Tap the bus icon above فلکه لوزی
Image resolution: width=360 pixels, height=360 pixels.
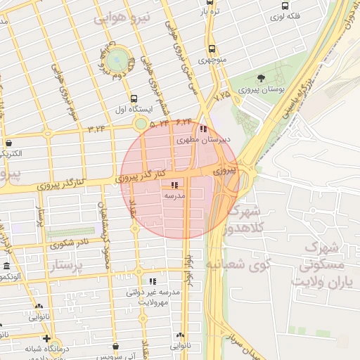coord(284,5)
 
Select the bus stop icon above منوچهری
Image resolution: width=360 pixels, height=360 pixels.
coord(212,49)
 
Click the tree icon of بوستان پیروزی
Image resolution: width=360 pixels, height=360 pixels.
coord(262,78)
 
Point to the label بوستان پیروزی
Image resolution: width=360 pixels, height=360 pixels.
coord(261,90)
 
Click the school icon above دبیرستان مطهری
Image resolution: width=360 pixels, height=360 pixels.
coord(203,129)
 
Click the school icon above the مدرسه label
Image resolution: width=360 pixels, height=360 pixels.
coord(174,186)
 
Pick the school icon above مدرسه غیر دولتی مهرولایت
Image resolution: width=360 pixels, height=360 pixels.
coord(153,281)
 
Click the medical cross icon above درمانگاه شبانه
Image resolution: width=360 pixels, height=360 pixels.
coord(46,337)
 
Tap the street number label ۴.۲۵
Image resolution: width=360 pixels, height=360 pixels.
coord(223,94)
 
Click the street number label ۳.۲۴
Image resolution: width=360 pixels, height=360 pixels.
coord(96,129)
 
